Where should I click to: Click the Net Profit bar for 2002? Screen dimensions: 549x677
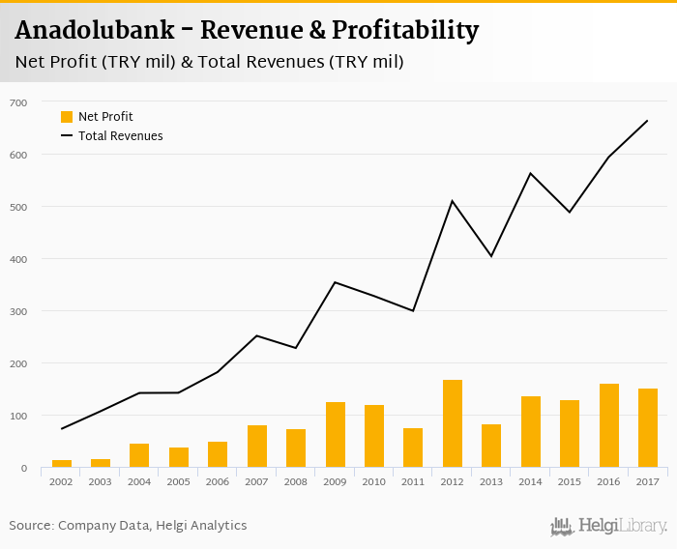pos(62,464)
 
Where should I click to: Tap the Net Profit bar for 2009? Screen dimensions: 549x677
pos(336,435)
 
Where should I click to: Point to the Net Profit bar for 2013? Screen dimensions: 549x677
pos(491,446)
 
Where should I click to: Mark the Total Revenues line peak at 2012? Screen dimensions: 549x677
pos(453,201)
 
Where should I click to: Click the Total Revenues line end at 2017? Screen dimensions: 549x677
pos(647,121)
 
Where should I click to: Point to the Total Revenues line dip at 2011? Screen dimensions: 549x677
pos(413,310)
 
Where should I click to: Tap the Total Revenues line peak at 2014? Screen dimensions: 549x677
pos(531,174)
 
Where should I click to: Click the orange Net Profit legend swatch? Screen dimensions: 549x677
pos(67,117)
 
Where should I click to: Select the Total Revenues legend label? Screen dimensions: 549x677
pos(121,136)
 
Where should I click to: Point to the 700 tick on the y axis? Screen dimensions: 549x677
pos(19,102)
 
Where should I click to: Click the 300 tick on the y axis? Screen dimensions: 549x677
pos(19,311)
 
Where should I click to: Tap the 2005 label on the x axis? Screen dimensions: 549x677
pos(179,480)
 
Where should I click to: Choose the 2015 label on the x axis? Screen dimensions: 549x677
pos(570,480)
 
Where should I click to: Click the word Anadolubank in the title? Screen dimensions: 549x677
pos(95,31)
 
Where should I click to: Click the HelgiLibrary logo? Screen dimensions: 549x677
pos(609,526)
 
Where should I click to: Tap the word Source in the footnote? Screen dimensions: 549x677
pos(31,526)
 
